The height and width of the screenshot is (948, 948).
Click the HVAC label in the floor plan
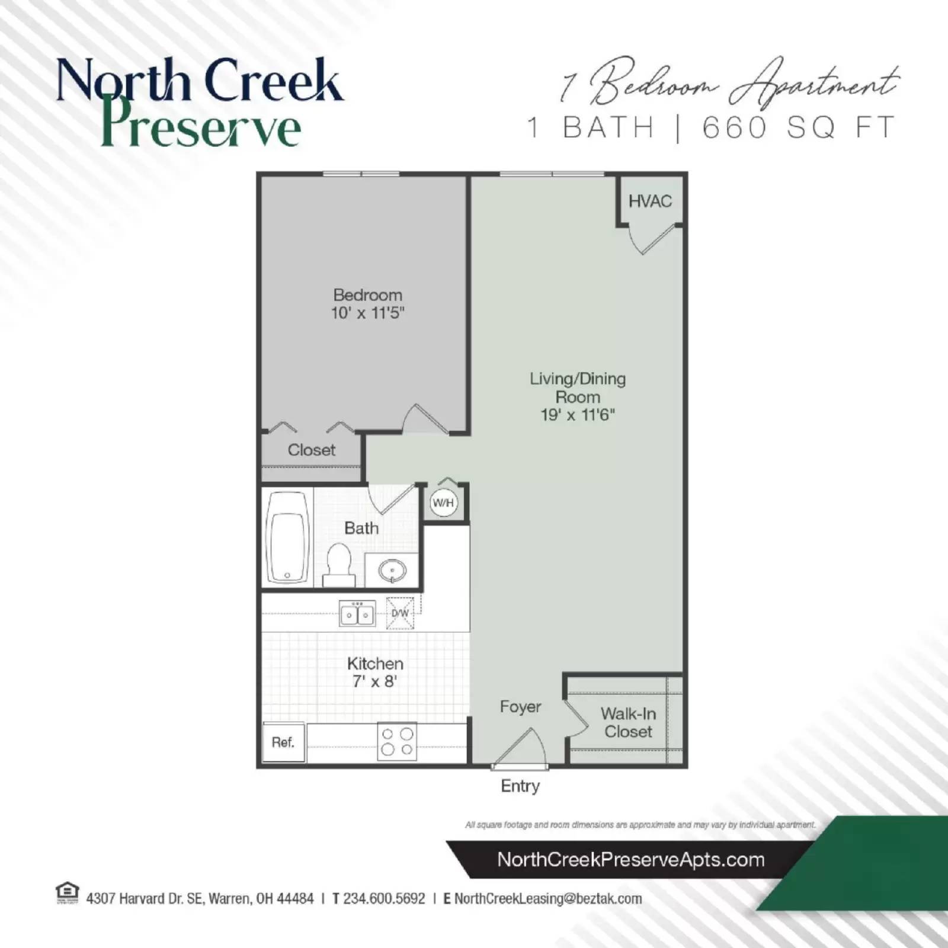click(650, 201)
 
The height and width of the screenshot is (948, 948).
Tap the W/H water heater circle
click(443, 503)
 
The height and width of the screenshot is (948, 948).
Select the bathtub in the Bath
click(288, 538)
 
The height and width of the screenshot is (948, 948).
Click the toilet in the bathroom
click(339, 564)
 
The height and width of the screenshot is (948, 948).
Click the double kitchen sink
click(357, 614)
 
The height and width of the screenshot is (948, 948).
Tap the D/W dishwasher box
click(401, 613)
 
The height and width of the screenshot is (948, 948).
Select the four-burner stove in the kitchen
click(397, 741)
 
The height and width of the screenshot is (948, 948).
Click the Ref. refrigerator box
click(283, 742)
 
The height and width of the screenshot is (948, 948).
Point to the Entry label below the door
click(520, 786)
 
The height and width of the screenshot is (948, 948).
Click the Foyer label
click(520, 707)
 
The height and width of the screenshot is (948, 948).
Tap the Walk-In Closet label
click(628, 723)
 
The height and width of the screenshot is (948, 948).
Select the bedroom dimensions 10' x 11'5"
click(367, 313)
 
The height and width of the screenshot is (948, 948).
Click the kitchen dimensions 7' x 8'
click(374, 682)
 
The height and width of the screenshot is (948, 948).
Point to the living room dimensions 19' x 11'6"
click(578, 415)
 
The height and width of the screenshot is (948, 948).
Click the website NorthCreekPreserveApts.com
click(631, 860)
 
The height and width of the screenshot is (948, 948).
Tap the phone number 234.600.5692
click(384, 899)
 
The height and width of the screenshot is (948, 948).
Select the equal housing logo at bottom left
click(67, 893)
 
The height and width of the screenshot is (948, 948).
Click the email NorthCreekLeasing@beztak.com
click(548, 899)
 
